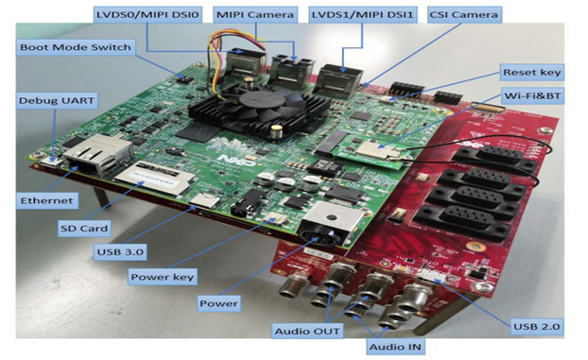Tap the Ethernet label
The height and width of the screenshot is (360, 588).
coord(45,200)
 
